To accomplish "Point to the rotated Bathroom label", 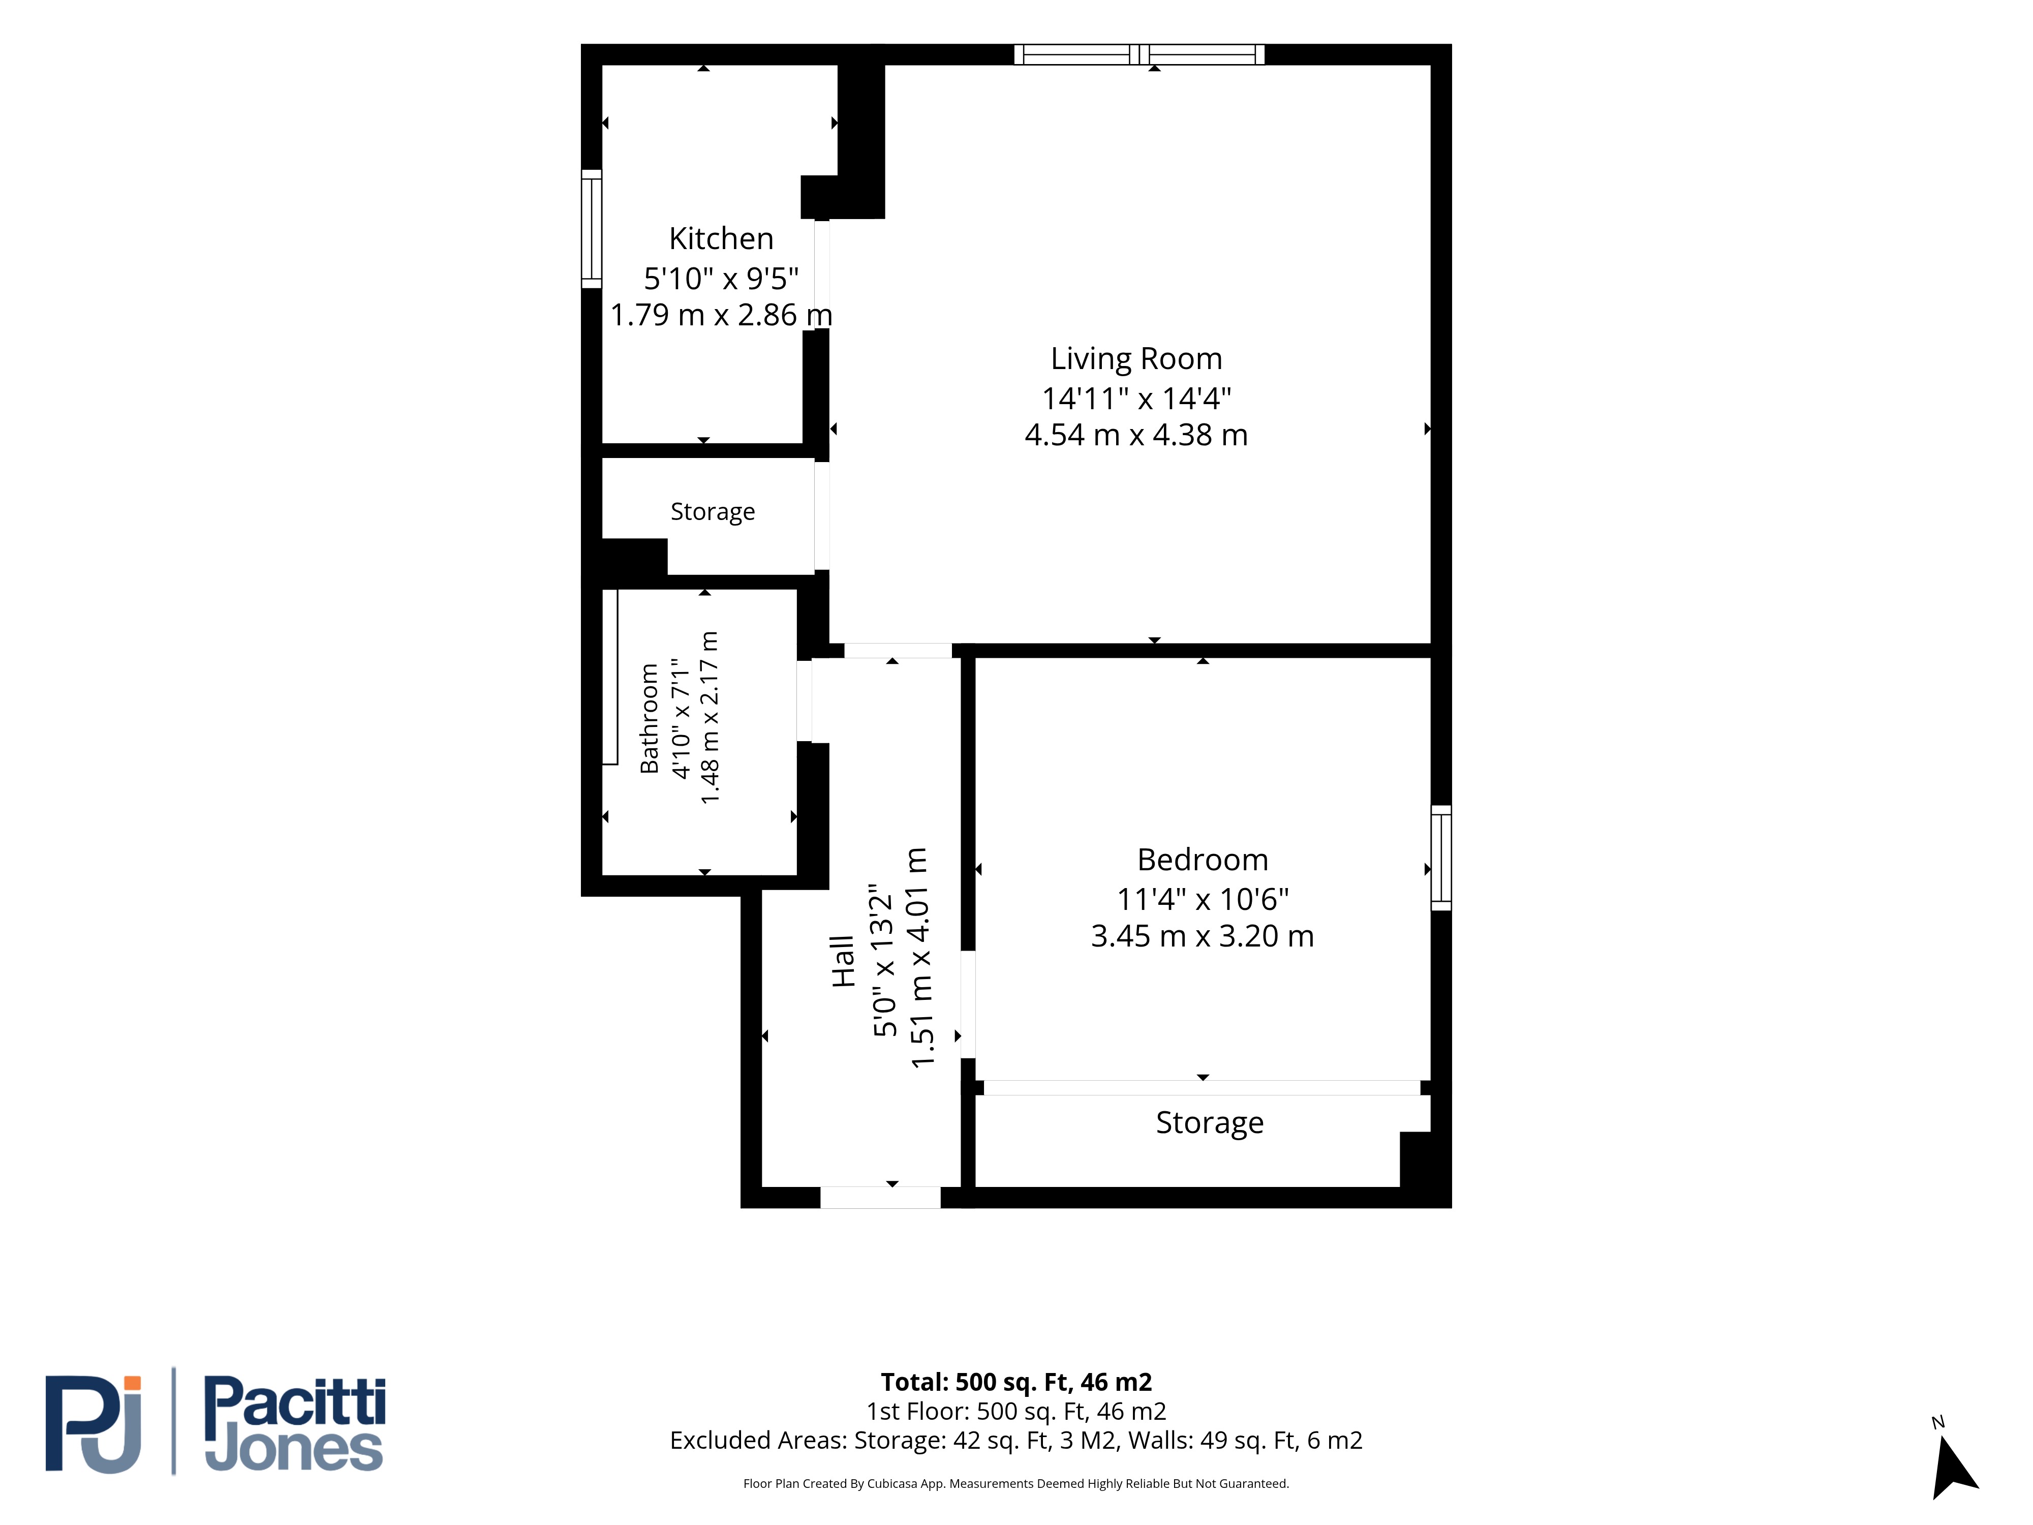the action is coord(650,718).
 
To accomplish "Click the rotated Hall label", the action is coord(843,962).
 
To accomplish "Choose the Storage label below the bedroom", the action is coord(1210,1122).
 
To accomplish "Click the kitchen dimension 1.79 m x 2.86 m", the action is coord(722,314).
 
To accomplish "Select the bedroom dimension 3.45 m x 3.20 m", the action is coord(1202,936).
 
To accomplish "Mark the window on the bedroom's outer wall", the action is coord(1441,858).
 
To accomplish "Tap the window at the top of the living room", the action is coord(1139,54).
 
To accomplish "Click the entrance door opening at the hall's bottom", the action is coord(880,1197).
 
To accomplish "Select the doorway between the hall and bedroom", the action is coord(968,1004).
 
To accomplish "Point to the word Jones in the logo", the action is coord(293,1450).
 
